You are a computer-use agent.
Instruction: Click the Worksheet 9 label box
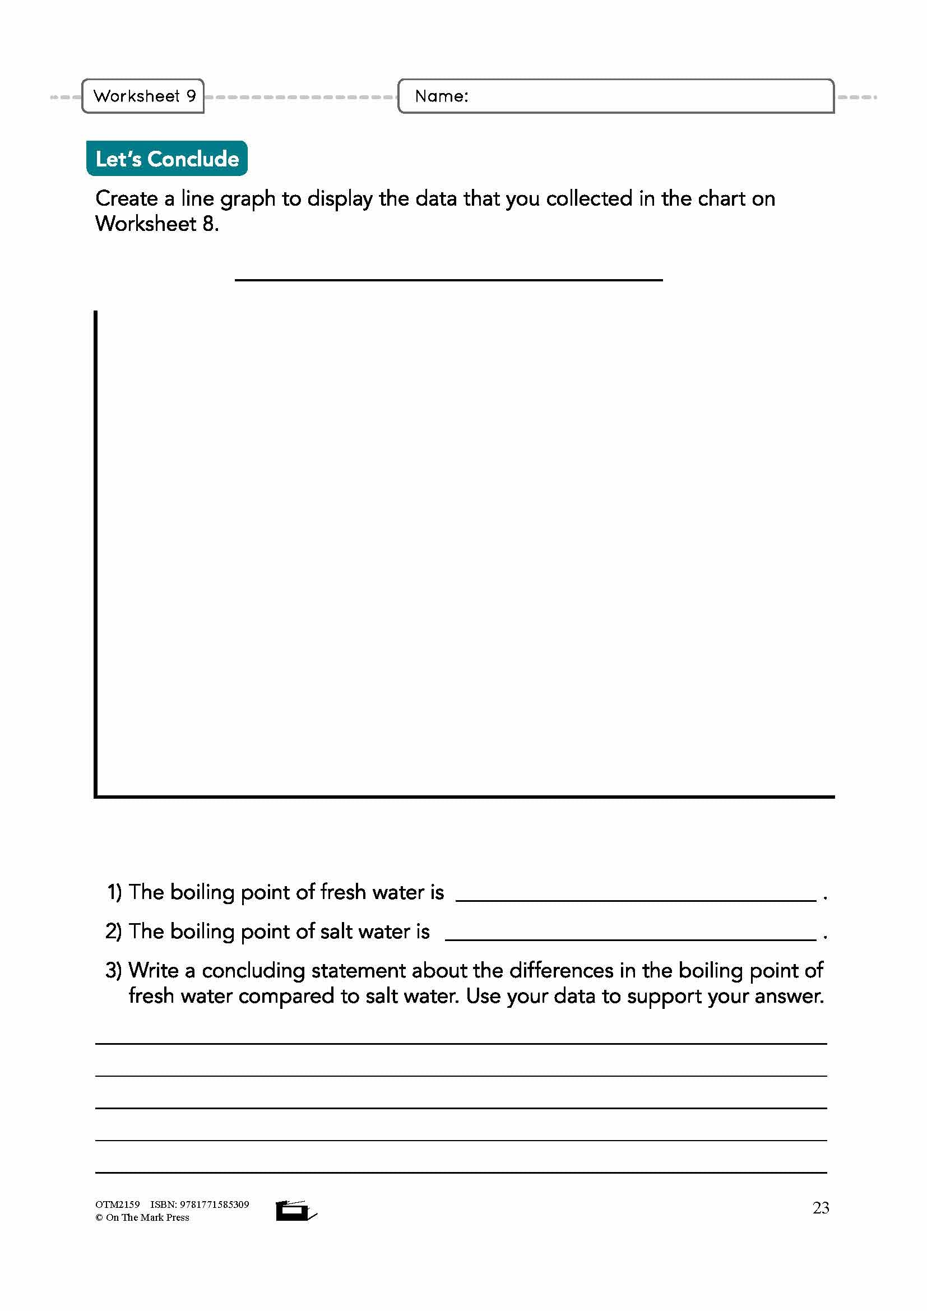[x=143, y=96]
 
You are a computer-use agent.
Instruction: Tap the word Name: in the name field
[x=441, y=96]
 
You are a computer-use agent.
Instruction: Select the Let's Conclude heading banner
[x=166, y=159]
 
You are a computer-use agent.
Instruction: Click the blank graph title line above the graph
[x=449, y=279]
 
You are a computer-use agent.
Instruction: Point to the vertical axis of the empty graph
[x=96, y=548]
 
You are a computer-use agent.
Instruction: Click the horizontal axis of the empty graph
[x=465, y=796]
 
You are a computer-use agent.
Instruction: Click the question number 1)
[x=114, y=892]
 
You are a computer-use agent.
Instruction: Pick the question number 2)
[x=114, y=932]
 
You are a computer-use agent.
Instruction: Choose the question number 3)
[x=114, y=970]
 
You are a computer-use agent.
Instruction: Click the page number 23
[x=821, y=1208]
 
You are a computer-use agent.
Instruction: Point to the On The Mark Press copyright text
[x=142, y=1217]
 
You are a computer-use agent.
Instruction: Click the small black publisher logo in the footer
[x=295, y=1210]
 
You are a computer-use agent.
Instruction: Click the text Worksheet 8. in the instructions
[x=157, y=223]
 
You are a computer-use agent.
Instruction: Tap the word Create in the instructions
[x=126, y=199]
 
